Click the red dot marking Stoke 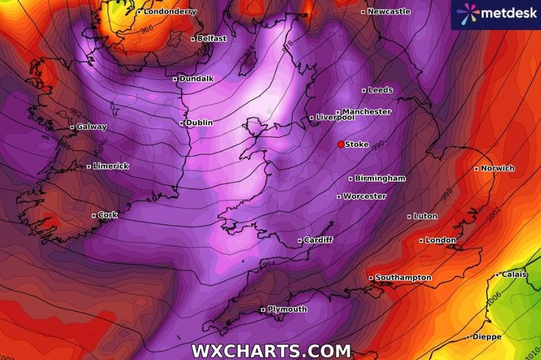point(341,144)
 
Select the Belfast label point(212,39)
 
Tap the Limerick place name point(111,166)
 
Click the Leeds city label point(381,90)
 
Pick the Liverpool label point(335,118)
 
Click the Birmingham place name point(380,178)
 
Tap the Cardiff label point(318,240)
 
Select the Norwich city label point(498,168)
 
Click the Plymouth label point(287,309)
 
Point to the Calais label point(514,275)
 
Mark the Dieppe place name point(486,337)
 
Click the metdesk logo point(496,15)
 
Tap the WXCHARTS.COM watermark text point(270,351)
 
